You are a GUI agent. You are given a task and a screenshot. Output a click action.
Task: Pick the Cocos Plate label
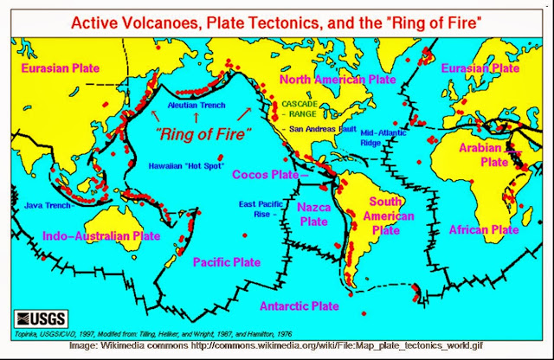pyautogui.click(x=267, y=174)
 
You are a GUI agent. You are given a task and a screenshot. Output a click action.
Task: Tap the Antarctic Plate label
pyautogui.click(x=300, y=305)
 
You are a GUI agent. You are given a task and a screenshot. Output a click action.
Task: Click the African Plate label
pyautogui.click(x=484, y=229)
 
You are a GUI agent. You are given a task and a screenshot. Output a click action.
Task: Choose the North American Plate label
pyautogui.click(x=337, y=80)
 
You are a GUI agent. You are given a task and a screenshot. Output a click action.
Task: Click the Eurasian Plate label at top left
pyautogui.click(x=60, y=67)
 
